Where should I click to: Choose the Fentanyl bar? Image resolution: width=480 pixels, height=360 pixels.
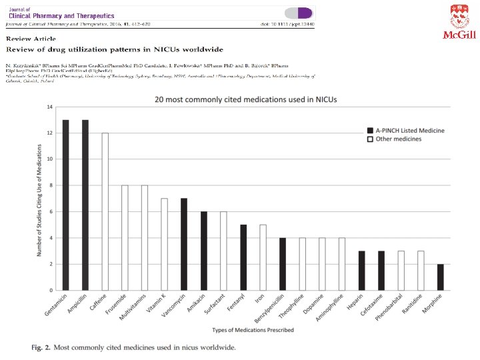click(243, 257)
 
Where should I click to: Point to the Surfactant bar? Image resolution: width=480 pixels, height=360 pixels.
click(223, 251)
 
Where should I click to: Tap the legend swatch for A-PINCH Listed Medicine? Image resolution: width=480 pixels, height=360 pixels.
click(369, 130)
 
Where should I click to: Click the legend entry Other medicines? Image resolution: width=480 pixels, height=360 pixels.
click(397, 140)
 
